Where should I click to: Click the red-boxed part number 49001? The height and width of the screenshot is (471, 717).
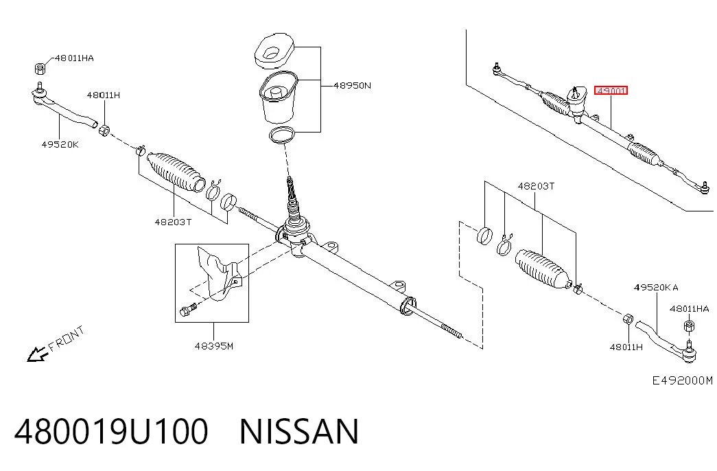coord(611,91)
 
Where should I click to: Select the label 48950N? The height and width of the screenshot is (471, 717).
coord(352,85)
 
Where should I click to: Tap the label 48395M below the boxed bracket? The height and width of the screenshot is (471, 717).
coord(214,346)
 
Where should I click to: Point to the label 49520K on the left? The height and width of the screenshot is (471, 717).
coord(60,145)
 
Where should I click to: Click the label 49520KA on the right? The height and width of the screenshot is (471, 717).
coord(656,288)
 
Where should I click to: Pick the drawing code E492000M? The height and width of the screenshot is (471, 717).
coord(682,380)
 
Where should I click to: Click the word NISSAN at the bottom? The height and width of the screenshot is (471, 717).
coord(299,432)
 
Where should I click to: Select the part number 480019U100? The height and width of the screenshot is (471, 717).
coord(111,432)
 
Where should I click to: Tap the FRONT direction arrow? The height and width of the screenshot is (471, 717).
coord(38,354)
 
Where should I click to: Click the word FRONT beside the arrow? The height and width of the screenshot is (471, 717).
coord(67,338)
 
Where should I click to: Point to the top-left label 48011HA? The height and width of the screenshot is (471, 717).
coord(74,58)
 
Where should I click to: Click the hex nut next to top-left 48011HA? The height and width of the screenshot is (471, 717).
coord(40,68)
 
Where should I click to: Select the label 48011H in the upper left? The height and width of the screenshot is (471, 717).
coord(104,95)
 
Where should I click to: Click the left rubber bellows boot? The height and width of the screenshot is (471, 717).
coord(176,171)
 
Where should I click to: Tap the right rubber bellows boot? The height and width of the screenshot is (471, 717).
coord(543,269)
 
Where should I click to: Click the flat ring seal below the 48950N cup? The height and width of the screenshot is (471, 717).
coord(282,135)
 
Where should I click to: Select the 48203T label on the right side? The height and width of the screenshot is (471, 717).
coord(536,186)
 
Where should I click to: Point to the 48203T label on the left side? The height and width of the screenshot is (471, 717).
coord(173,222)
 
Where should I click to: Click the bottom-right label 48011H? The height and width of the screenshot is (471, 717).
coord(626,347)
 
